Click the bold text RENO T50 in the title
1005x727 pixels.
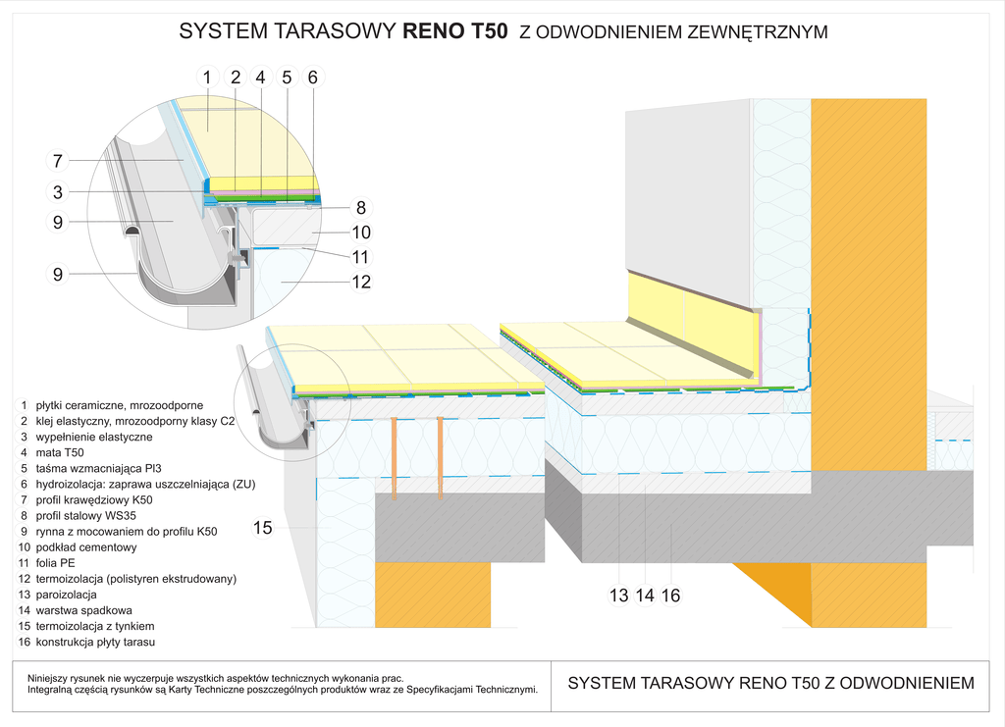(x=455, y=31)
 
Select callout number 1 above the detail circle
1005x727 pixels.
(x=207, y=77)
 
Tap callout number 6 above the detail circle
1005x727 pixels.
(x=312, y=77)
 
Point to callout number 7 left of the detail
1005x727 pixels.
(x=58, y=161)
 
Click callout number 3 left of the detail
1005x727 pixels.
(x=58, y=192)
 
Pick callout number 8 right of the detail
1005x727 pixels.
(x=361, y=208)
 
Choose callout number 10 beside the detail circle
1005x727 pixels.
(x=361, y=233)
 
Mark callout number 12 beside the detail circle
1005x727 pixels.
(x=361, y=283)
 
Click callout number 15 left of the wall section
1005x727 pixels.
(x=262, y=528)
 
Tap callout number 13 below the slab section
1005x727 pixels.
(x=619, y=595)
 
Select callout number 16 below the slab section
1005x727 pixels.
(x=670, y=595)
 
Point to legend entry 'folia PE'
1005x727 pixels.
(x=61, y=563)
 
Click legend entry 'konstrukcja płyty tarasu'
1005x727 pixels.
(x=96, y=642)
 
